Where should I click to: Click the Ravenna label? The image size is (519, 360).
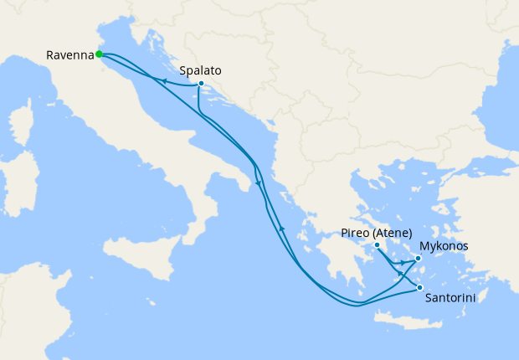pos(69,55)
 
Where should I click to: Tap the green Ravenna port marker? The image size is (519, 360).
pos(99,54)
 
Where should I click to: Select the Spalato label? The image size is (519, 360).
pos(200,71)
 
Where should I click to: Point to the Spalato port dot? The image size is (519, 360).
pos(202,84)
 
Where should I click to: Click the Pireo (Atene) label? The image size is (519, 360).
pos(378,233)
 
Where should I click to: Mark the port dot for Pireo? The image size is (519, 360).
pos(377,244)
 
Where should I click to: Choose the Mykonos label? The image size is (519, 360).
pos(444,246)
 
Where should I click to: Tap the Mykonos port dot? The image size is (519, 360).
pos(418,259)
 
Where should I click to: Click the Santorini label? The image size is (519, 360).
pos(451,296)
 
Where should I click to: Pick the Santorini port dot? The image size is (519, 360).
pos(419,289)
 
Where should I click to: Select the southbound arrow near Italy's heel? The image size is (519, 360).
pos(258,184)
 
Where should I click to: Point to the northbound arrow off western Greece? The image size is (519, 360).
pos(283,228)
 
